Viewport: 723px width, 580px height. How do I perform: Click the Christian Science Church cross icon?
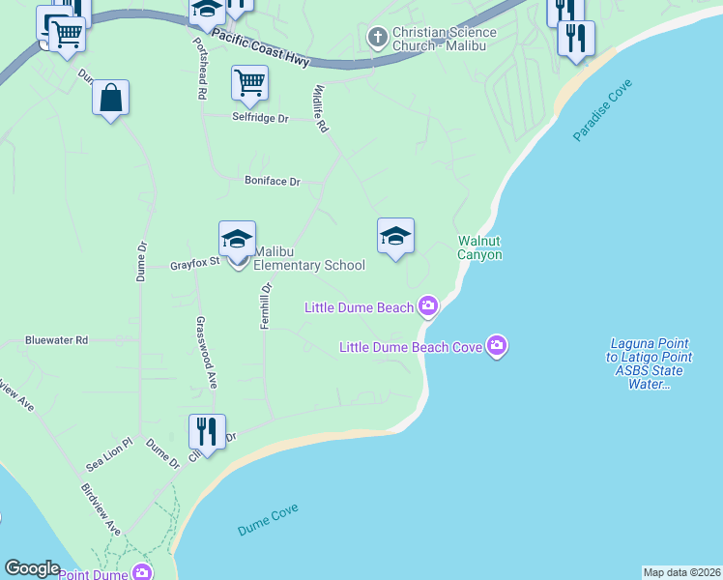pos(378,39)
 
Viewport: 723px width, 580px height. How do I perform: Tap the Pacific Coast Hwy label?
pos(260,46)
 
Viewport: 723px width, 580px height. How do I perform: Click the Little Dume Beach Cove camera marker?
pos(497,346)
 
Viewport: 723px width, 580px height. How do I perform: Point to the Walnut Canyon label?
pos(479,247)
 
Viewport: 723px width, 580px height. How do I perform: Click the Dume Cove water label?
pos(268,520)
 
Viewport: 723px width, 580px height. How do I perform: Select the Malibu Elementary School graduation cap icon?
pos(238,238)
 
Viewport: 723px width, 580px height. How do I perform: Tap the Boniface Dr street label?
pos(273,181)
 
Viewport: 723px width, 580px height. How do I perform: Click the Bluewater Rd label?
pos(56,340)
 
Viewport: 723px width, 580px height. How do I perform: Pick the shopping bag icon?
pos(111,98)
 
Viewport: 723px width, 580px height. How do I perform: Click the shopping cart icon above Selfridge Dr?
pos(249,83)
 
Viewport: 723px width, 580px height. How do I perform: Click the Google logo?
pos(32,568)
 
